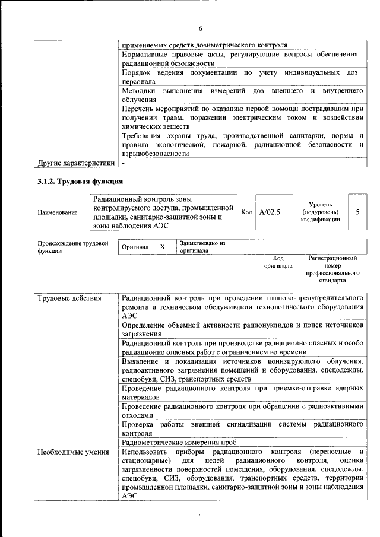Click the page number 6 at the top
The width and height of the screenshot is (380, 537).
[x=200, y=28]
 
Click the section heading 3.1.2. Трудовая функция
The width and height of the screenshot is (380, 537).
[x=80, y=180]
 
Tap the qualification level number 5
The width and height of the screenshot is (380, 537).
[x=357, y=211]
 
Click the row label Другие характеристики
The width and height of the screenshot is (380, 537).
[x=75, y=162]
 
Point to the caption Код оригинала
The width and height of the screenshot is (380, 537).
[x=278, y=262]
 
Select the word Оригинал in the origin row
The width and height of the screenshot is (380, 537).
[x=135, y=246]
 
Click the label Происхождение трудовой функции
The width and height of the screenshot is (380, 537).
[x=73, y=247]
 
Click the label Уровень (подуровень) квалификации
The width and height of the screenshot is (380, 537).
[x=321, y=211]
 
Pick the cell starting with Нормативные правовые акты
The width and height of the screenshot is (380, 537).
[x=240, y=58]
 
